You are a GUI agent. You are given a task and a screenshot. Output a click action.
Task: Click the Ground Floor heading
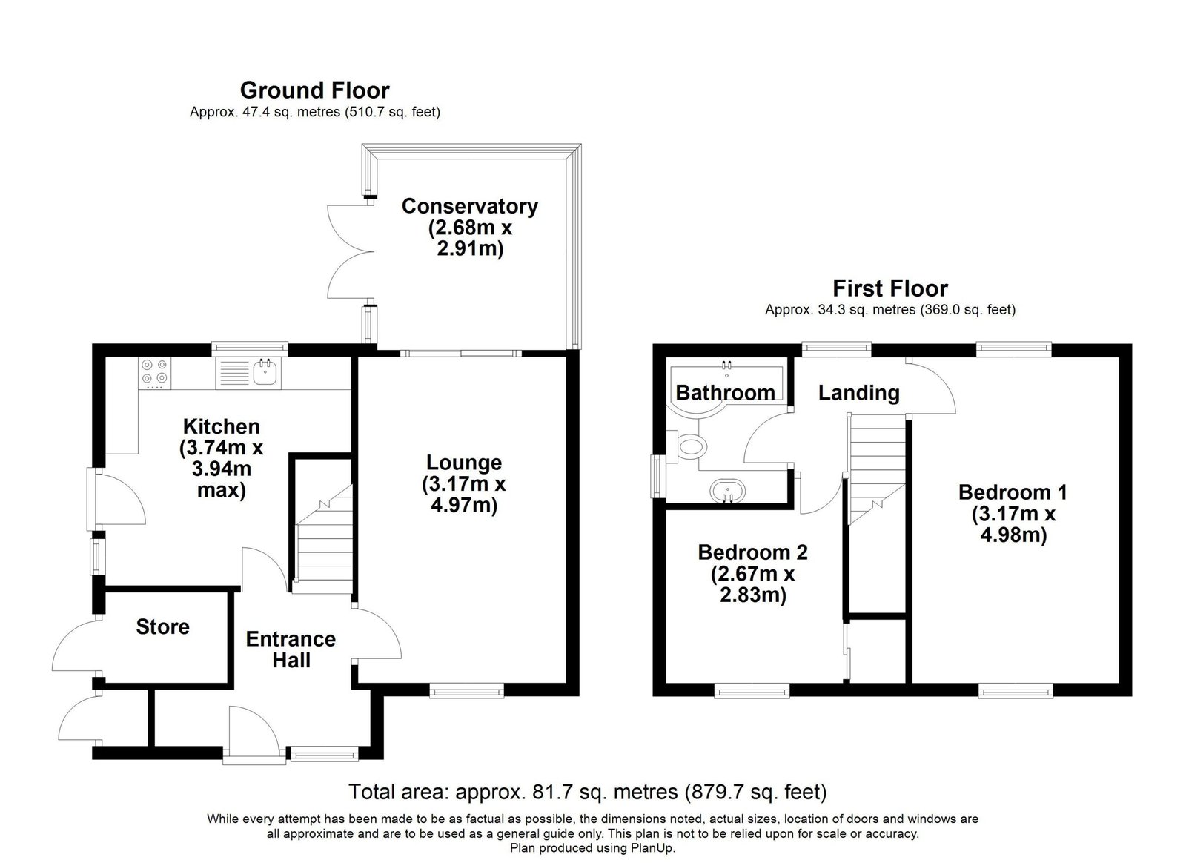(x=315, y=90)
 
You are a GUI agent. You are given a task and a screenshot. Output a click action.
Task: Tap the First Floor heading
(x=890, y=288)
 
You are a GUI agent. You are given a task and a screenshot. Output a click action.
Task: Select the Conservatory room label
(x=470, y=206)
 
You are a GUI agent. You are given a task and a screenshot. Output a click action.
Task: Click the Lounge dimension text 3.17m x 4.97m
(x=464, y=495)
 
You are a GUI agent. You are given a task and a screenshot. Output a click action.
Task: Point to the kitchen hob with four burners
(x=155, y=371)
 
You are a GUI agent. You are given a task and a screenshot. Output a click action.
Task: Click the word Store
(x=162, y=627)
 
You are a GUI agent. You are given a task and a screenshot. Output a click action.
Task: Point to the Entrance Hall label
(x=291, y=649)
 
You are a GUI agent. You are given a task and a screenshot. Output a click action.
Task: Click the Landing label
(x=859, y=393)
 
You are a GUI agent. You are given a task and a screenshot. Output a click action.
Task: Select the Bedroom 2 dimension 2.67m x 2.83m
(x=752, y=584)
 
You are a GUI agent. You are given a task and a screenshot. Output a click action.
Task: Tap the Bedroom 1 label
(x=1013, y=492)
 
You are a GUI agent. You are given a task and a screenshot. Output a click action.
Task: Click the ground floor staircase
(x=322, y=539)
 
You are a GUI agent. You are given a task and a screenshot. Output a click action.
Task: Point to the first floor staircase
(x=875, y=468)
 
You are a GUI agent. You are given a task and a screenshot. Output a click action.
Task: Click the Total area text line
(x=588, y=792)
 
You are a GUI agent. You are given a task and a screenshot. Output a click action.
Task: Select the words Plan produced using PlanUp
(x=592, y=848)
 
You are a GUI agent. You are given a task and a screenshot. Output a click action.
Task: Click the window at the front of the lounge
(x=466, y=690)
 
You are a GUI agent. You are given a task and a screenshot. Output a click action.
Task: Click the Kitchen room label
(x=222, y=427)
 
